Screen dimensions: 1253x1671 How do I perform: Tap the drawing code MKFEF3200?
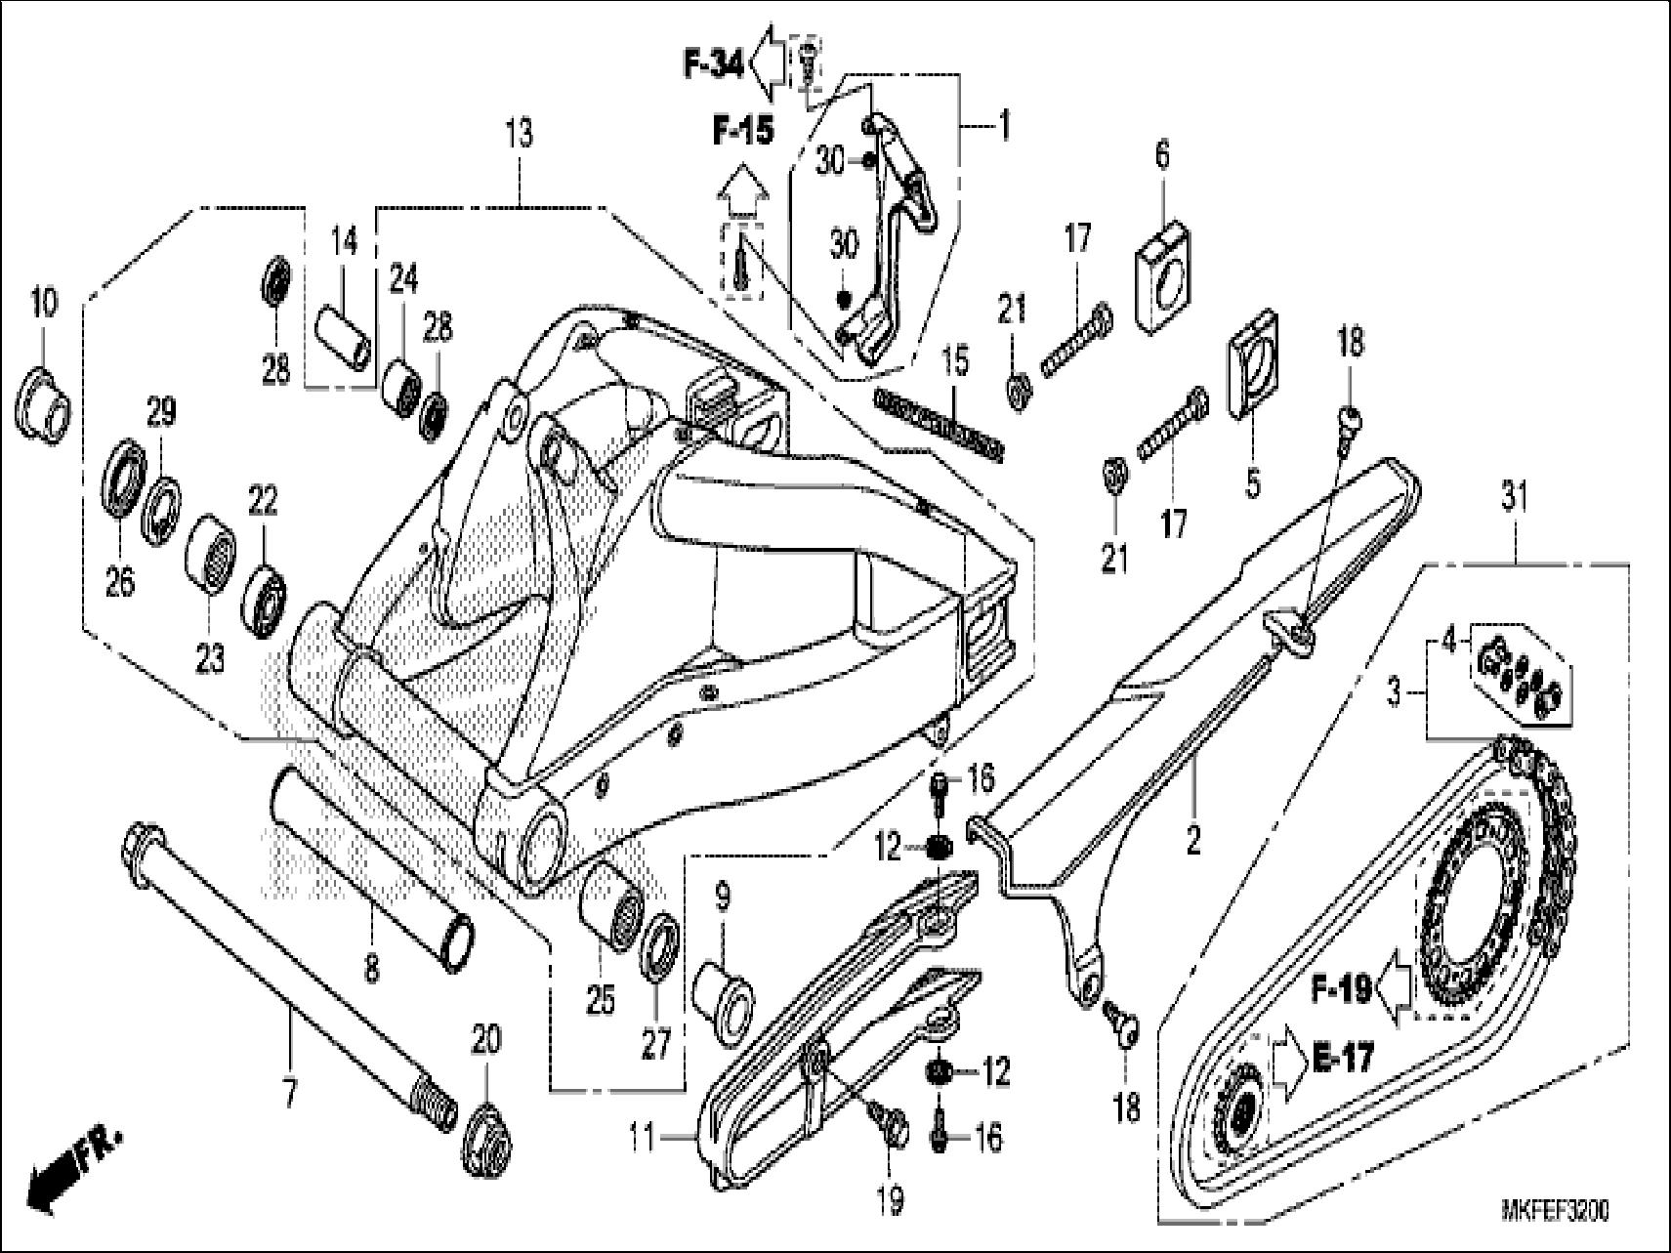click(x=1554, y=1211)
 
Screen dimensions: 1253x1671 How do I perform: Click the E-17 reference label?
click(x=1342, y=1057)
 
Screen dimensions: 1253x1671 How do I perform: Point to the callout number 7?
click(x=288, y=1096)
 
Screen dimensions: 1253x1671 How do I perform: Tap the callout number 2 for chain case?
click(x=1192, y=840)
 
